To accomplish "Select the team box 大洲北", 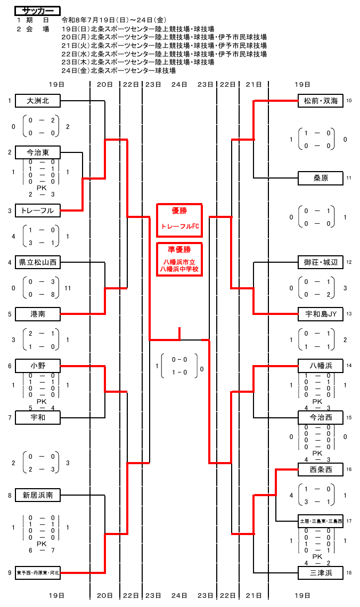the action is [x=38, y=101].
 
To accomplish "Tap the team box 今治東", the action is [x=38, y=152].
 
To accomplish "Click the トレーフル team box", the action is [x=38, y=211].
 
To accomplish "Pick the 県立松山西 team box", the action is [x=38, y=263].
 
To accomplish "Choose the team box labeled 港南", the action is [x=38, y=314].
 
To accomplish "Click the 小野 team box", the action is [x=38, y=366].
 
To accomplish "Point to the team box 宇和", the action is [x=38, y=418].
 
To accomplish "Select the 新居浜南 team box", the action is [x=38, y=495].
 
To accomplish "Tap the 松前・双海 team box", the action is [x=321, y=101].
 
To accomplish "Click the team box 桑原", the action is [x=321, y=179].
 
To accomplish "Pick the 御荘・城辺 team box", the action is [x=321, y=263].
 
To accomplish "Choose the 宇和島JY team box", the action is [x=321, y=314].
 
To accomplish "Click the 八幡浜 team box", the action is [x=321, y=366].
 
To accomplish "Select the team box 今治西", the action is [x=321, y=418].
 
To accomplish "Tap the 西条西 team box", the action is [x=321, y=470].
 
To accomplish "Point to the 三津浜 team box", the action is [x=321, y=573].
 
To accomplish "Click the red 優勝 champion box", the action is [x=179, y=220].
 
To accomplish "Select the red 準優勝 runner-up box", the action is [x=179, y=260].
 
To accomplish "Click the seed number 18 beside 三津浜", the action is [x=349, y=573].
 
